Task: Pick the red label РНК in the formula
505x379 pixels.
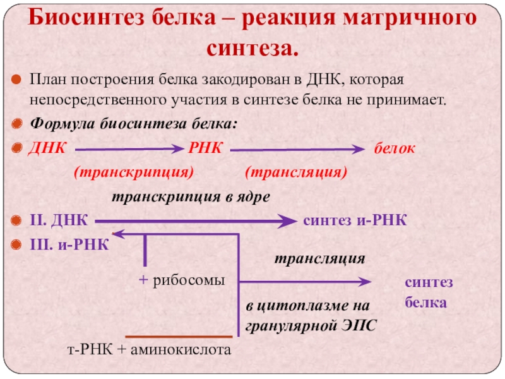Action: click(x=205, y=149)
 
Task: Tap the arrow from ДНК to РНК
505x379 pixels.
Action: click(x=129, y=150)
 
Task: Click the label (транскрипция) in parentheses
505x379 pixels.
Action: click(x=134, y=172)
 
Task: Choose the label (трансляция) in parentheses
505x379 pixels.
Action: click(x=296, y=172)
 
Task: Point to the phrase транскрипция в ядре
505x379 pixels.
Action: click(x=191, y=197)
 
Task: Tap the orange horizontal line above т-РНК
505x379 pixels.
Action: click(x=179, y=337)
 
